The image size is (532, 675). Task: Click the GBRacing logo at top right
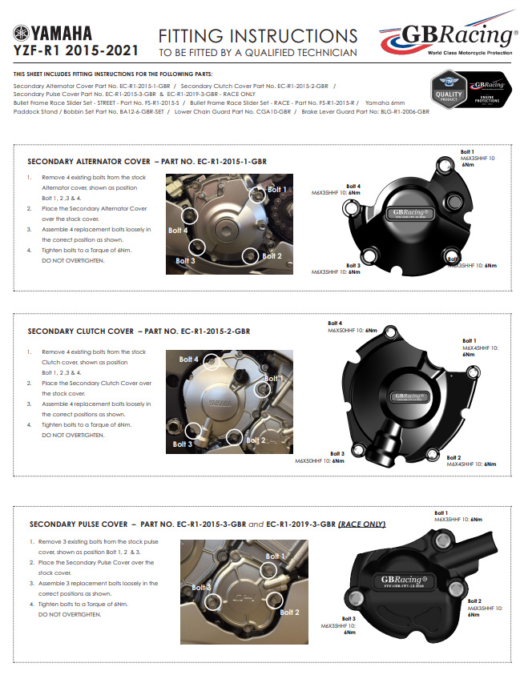click(x=449, y=37)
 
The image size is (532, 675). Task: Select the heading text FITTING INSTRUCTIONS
click(x=258, y=36)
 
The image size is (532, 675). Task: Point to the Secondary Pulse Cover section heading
click(x=195, y=524)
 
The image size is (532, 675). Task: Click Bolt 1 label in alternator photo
click(x=276, y=189)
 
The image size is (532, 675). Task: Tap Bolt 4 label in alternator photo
click(x=177, y=230)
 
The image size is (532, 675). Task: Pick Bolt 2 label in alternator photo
click(x=272, y=256)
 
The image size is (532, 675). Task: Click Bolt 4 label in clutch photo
click(x=188, y=360)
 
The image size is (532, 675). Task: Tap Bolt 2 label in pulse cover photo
click(x=289, y=612)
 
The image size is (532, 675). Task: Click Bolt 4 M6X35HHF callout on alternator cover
click(x=336, y=190)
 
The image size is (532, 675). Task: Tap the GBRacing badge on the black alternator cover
click(x=412, y=213)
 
